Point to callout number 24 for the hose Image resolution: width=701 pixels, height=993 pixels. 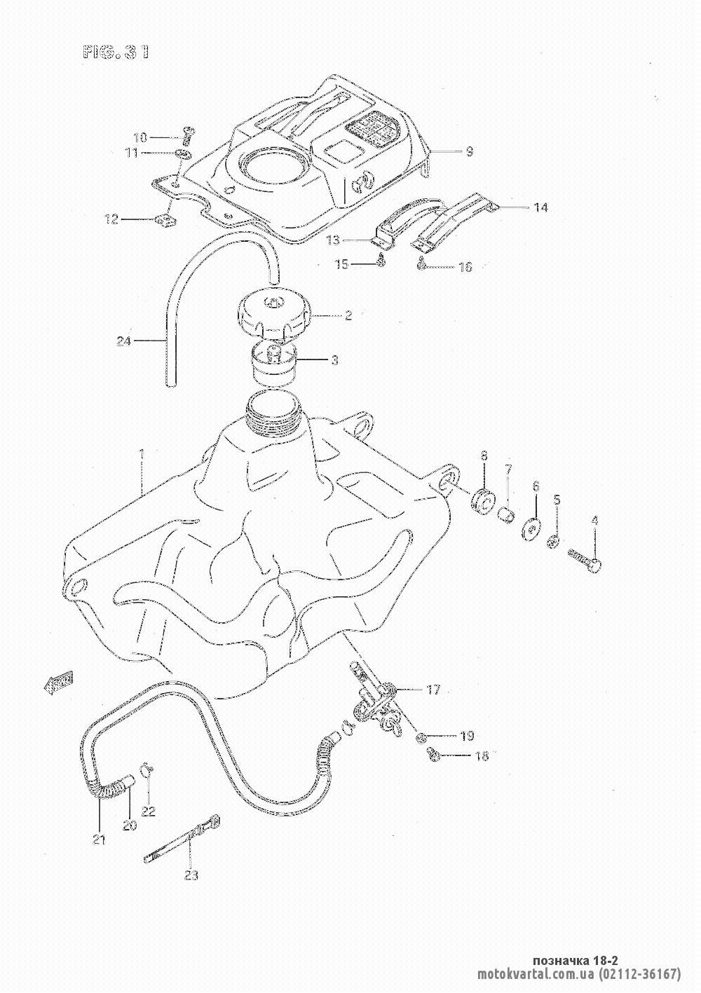pos(124,342)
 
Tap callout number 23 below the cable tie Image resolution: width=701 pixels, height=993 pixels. pos(191,875)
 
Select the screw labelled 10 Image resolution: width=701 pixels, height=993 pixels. pos(187,132)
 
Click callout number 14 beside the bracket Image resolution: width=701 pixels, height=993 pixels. pos(540,207)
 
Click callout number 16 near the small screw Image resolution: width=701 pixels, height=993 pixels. pos(465,267)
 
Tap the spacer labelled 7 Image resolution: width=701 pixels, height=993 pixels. pos(506,516)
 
